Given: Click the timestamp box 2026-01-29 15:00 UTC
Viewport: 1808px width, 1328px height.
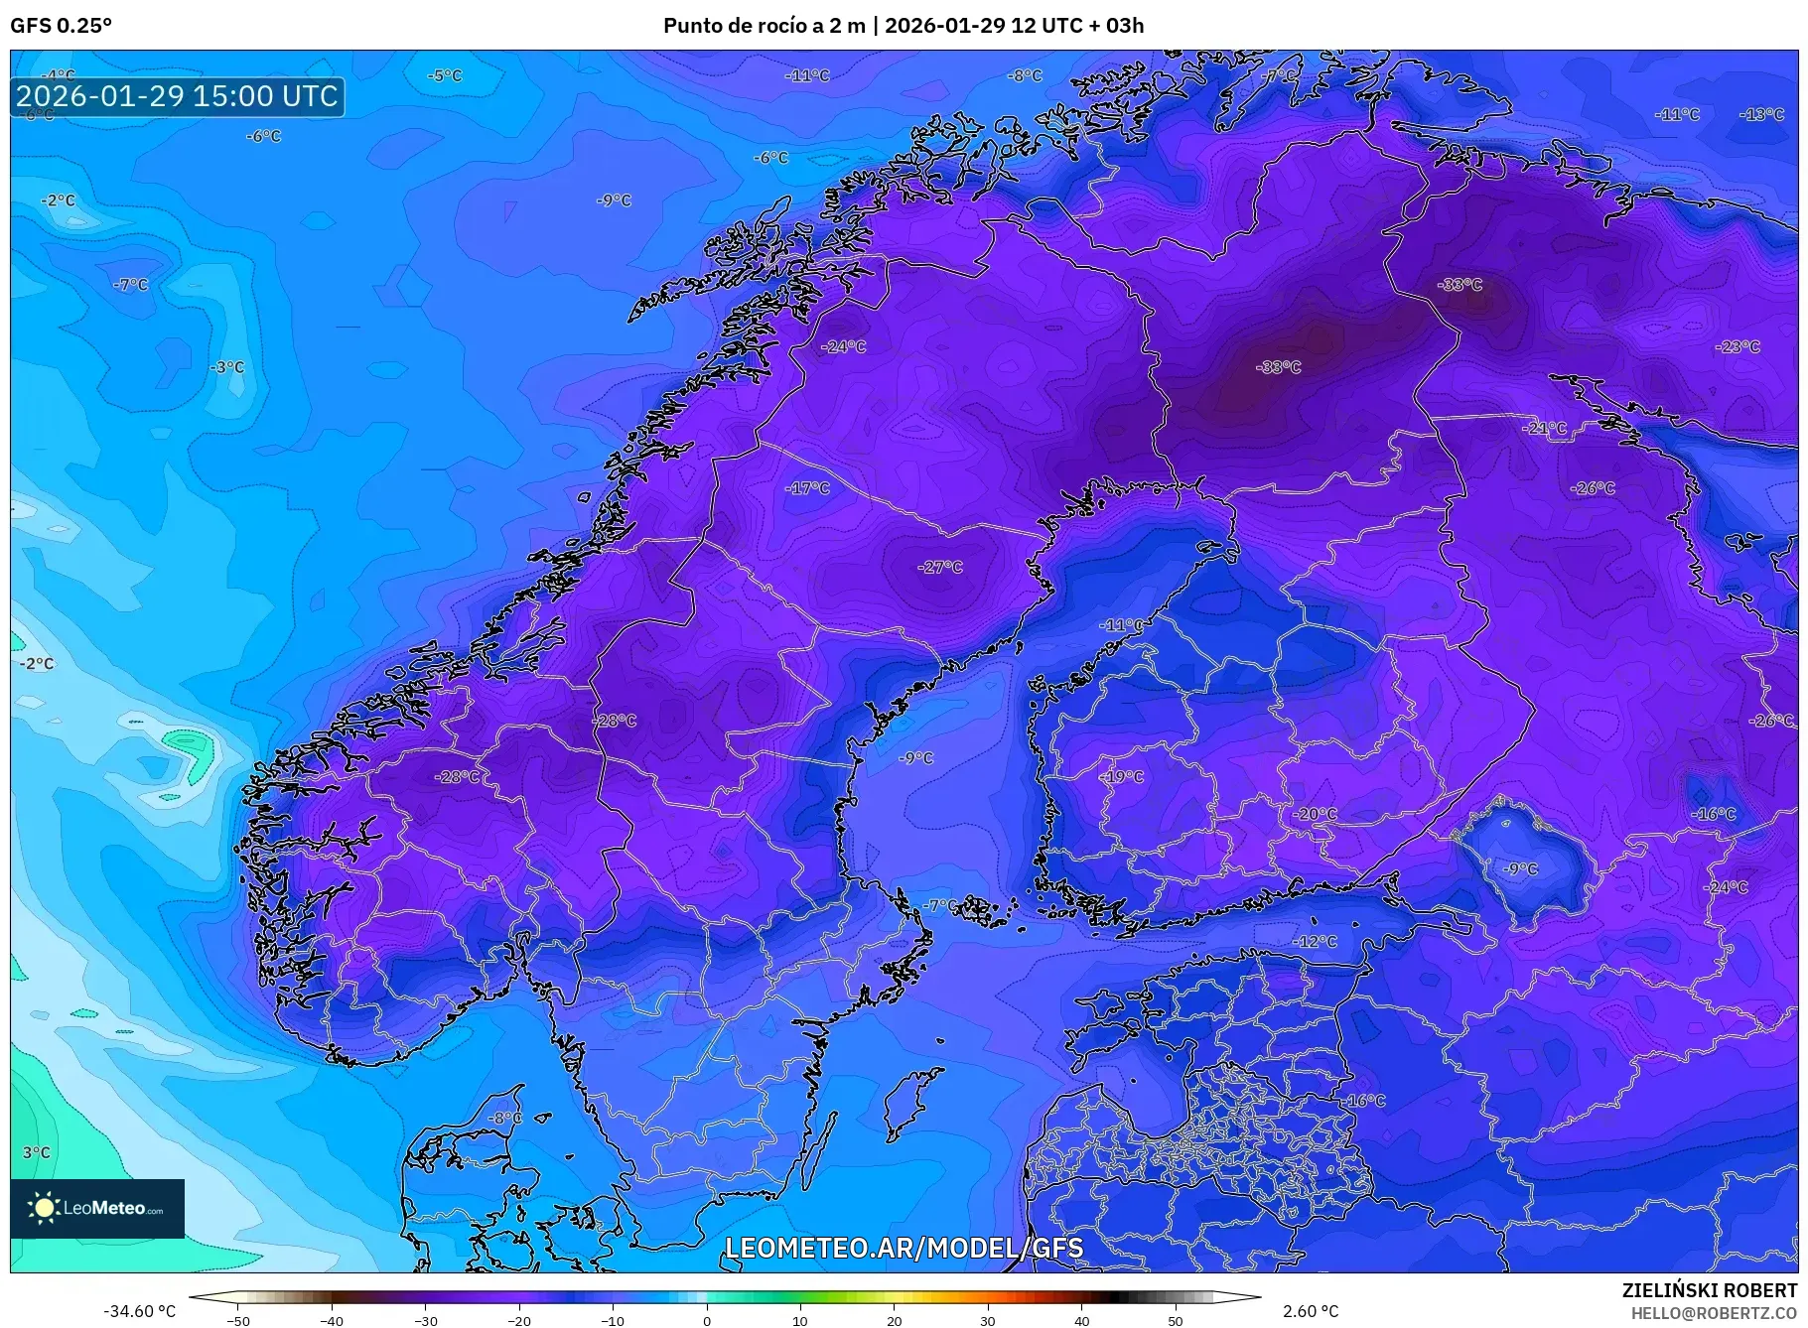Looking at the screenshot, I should click(178, 96).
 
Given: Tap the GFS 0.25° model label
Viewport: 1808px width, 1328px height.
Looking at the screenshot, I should click(61, 26).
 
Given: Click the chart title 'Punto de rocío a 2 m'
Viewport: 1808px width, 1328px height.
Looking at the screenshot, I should click(764, 26).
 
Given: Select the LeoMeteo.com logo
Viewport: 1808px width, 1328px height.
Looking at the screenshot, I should click(97, 1208).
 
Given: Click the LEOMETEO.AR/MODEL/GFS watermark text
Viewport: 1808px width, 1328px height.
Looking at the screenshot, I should click(904, 1248).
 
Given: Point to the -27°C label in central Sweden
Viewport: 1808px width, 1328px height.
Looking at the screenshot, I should click(940, 567).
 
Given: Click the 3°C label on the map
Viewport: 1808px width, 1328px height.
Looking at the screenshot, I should click(37, 1152).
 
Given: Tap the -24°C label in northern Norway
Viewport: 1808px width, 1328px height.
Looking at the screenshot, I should click(843, 346).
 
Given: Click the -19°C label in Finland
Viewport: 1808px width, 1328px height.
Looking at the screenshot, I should click(1122, 776).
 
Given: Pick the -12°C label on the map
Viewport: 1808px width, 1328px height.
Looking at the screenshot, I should click(1316, 941).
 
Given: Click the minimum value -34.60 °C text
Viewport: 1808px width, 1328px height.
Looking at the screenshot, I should click(139, 1311).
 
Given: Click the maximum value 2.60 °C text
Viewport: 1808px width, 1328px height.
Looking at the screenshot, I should click(1310, 1311).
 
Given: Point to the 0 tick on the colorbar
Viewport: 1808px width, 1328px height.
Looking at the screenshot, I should click(707, 1321).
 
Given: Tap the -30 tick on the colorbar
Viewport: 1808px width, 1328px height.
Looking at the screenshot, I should click(425, 1321).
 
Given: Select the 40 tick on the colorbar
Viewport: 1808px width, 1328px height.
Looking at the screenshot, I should click(1081, 1321).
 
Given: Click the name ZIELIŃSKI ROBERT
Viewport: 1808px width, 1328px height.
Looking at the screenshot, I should click(1709, 1290).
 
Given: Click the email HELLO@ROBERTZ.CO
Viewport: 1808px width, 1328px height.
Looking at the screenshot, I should click(1714, 1312).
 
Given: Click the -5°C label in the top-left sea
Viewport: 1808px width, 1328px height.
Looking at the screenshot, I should click(445, 75).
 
